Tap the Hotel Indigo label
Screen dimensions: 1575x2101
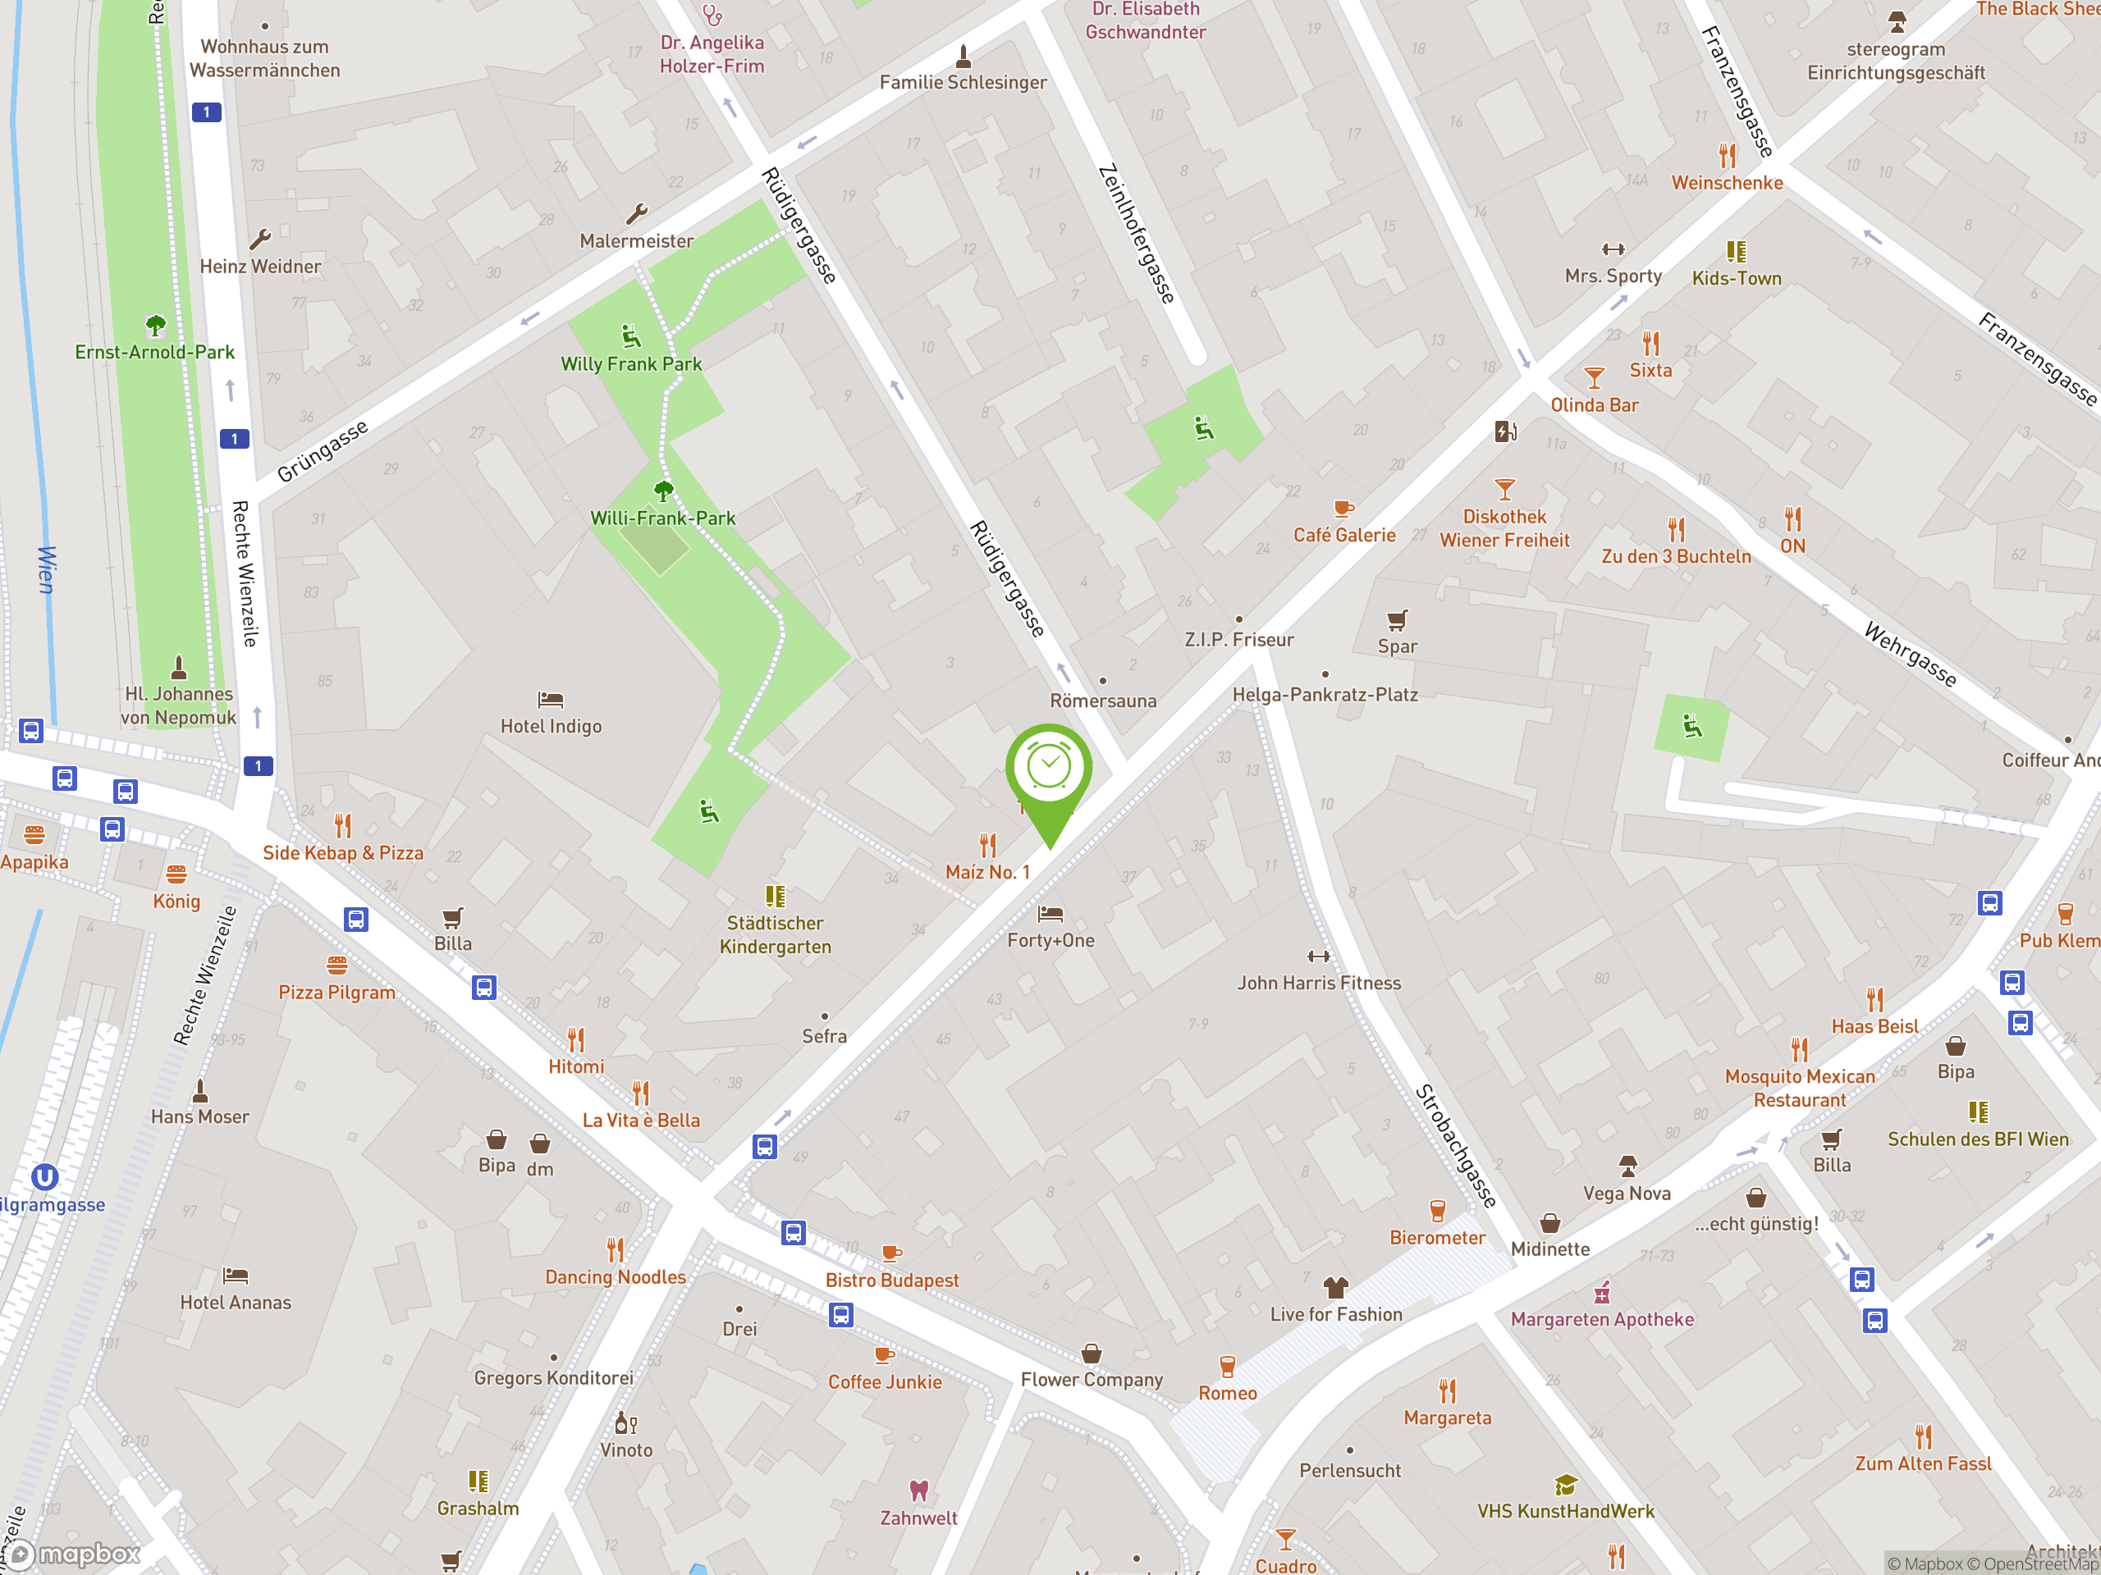click(x=551, y=726)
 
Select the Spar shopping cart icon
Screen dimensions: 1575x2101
click(x=1396, y=621)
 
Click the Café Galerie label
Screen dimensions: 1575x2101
click(x=1344, y=536)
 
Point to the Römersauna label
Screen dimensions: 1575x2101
click(x=1103, y=701)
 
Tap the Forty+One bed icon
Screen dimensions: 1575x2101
click(x=1050, y=915)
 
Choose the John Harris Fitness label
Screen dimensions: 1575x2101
click(x=1318, y=983)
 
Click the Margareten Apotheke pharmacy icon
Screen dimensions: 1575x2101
click(x=1602, y=1293)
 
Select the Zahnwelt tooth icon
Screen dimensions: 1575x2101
click(x=918, y=1491)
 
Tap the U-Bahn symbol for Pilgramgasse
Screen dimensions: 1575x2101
click(x=44, y=1177)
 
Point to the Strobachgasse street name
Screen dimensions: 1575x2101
click(x=1455, y=1146)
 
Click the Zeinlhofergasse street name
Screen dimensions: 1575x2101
click(x=1136, y=234)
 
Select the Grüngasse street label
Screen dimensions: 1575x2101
click(x=323, y=451)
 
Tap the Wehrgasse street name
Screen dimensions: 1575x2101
click(x=1910, y=654)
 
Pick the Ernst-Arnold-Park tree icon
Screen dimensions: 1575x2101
click(x=156, y=326)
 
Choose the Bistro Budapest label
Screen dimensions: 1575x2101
click(x=892, y=1280)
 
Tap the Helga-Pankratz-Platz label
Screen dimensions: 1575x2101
click(x=1325, y=695)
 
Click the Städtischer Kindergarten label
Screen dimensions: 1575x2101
click(x=775, y=934)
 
